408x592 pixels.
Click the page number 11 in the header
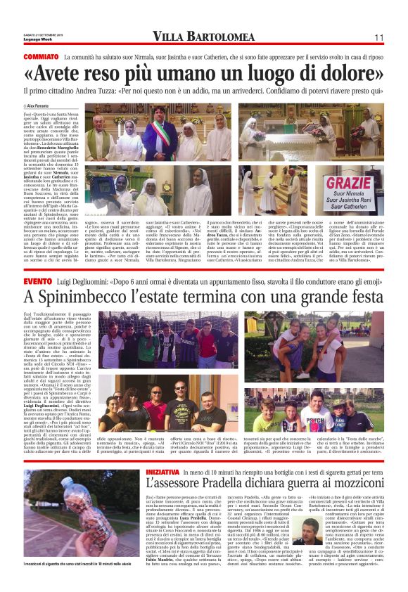pyautogui.click(x=378, y=37)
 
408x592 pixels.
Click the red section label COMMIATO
pyautogui.click(x=41, y=56)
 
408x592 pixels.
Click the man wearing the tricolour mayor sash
pyautogui.click(x=162, y=133)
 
